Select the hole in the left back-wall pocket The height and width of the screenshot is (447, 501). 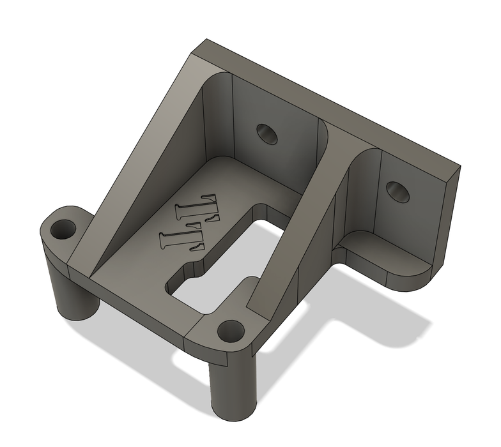(x=267, y=133)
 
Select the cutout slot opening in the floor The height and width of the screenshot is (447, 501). (x=217, y=268)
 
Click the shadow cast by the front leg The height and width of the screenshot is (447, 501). (x=192, y=377)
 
